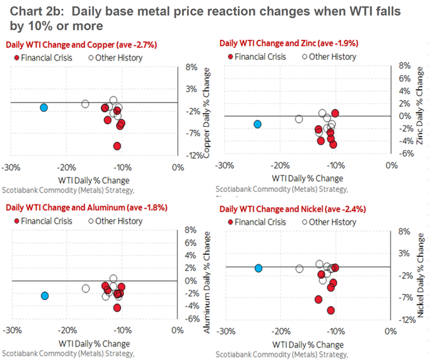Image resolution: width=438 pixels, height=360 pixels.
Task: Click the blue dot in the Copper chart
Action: (x=44, y=107)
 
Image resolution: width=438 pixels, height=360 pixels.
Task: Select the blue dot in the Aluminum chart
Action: (x=44, y=296)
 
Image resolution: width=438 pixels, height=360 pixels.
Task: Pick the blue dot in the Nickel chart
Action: (x=258, y=268)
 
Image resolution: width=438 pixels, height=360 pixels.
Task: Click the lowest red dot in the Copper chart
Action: (x=117, y=146)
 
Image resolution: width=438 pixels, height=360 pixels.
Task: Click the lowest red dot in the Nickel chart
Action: (x=330, y=310)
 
